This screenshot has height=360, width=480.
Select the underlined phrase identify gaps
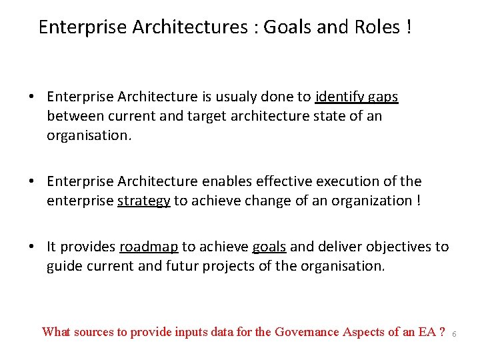pos(357,97)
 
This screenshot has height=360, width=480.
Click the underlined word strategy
pos(143,201)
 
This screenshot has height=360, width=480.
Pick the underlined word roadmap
pos(149,247)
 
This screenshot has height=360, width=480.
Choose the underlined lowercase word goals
pos(269,247)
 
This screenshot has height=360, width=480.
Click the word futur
pos(171,266)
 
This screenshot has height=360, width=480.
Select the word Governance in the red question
pos(309,332)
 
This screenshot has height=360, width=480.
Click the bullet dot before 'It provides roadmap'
pos(32,247)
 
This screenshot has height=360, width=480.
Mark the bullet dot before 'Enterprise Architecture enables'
pos(32,182)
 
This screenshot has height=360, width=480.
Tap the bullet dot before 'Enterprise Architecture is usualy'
pos(32,97)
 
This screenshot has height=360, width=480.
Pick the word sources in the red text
pos(95,332)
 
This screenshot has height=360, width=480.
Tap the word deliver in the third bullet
pos(337,247)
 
